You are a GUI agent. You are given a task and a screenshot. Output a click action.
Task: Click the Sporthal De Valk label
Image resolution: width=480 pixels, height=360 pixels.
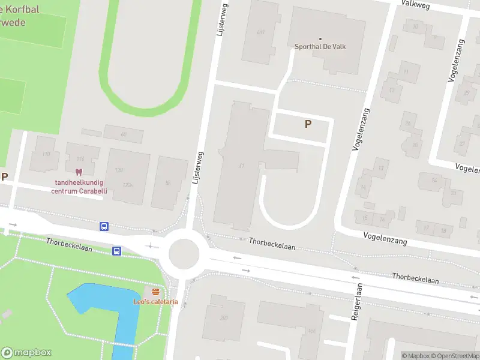coord(320,47)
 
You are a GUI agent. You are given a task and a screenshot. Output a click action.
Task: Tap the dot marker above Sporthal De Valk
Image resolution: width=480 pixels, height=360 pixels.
coord(320,38)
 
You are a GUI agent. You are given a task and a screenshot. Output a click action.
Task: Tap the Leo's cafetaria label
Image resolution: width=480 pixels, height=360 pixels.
coord(155,302)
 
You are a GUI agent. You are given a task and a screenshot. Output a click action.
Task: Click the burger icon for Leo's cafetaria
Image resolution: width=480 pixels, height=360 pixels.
coord(155,292)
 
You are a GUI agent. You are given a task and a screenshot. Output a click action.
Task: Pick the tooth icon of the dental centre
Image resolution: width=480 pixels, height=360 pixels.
coord(78,172)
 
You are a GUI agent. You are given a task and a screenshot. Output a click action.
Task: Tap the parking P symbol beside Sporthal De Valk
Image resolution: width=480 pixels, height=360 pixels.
coord(308,124)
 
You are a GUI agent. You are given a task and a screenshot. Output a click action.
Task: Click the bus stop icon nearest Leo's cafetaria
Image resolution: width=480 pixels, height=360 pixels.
coord(117,251)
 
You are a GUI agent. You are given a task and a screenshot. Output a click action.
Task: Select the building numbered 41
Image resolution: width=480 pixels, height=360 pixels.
coord(241,166)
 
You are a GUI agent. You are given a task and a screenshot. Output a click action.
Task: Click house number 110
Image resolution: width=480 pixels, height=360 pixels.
coord(46,154)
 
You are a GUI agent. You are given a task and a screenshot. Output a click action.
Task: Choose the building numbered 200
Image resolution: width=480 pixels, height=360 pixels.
coord(224,317)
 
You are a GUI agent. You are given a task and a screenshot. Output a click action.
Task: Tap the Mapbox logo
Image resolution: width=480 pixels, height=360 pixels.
coord(26,353)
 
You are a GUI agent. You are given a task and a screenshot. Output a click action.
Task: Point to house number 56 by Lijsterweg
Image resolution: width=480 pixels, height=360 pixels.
coord(167,182)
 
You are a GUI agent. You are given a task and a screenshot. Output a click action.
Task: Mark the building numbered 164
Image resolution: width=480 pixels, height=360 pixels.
coord(311,331)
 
